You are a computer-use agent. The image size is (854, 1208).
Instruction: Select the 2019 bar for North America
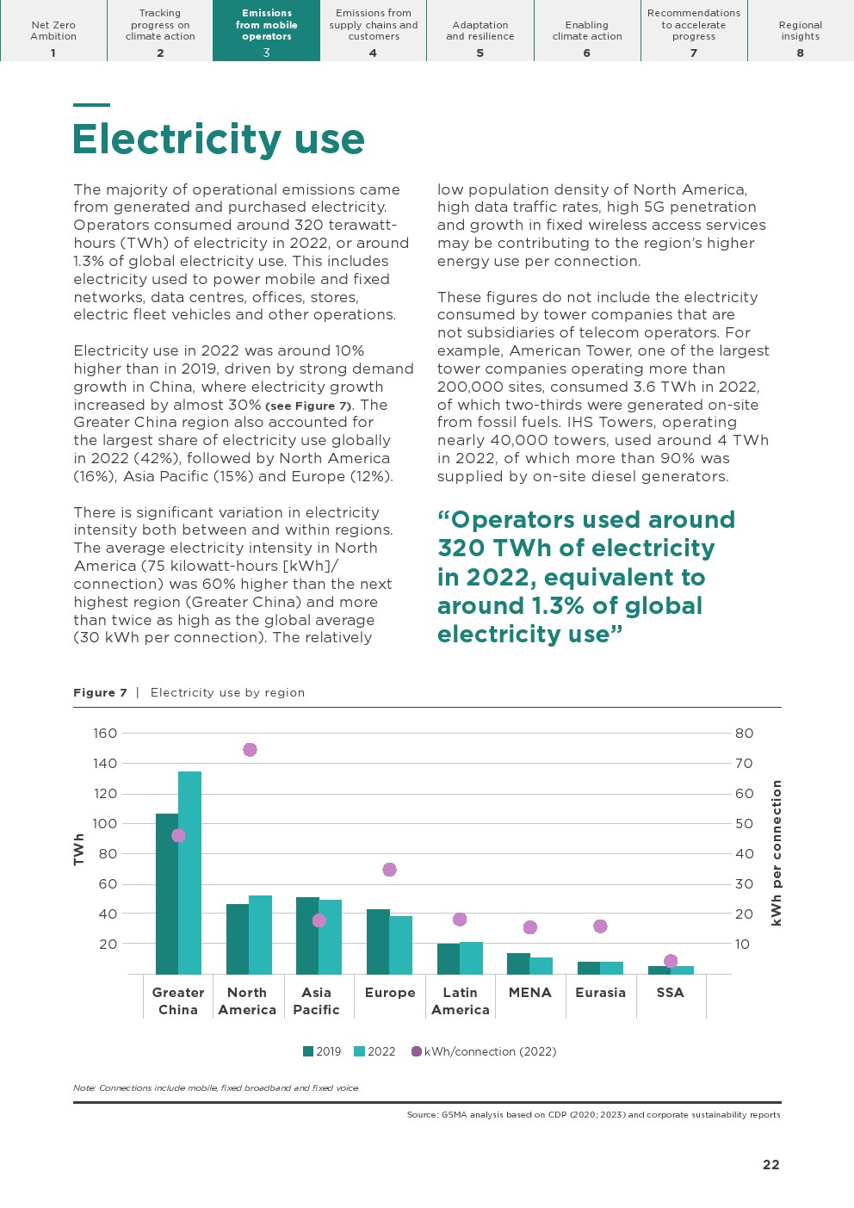[238, 939]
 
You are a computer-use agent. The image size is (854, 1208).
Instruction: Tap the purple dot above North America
[250, 750]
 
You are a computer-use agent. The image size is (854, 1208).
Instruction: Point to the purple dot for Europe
[389, 870]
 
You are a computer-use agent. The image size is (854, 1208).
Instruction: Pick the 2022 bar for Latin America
[472, 957]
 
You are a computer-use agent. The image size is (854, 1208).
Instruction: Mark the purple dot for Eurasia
[600, 926]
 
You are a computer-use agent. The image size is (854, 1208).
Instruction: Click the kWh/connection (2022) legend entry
[484, 1051]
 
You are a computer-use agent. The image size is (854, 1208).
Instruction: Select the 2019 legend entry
[322, 1051]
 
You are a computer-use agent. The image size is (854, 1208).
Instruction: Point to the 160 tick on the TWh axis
[105, 734]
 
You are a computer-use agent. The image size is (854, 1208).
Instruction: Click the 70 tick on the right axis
[744, 764]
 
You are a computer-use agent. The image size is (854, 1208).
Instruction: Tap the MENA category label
[529, 993]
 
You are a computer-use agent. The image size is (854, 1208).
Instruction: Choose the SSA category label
[670, 993]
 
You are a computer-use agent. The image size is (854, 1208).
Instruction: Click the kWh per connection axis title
[777, 852]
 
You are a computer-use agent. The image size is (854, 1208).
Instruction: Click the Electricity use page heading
[219, 139]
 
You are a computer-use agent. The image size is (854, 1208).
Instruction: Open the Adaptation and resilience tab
[480, 31]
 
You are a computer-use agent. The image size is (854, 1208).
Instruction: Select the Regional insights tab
[801, 31]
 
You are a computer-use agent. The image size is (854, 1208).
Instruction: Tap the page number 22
[770, 1165]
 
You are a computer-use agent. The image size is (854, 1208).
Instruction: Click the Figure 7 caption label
[100, 692]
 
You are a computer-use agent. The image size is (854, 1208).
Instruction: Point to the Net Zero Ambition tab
[53, 31]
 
